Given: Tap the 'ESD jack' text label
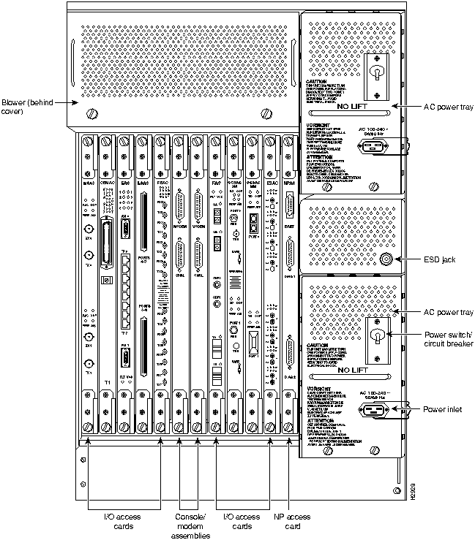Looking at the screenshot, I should point(439,258).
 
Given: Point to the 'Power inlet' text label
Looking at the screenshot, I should point(444,408).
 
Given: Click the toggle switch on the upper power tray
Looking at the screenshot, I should point(378,77).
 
